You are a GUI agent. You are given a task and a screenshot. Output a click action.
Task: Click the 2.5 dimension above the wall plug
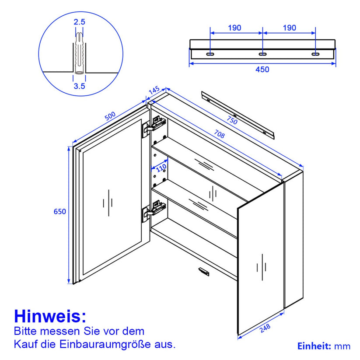[79, 22]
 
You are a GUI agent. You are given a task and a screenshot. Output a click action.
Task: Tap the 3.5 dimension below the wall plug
[79, 86]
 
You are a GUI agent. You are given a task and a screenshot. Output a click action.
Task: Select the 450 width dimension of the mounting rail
[262, 70]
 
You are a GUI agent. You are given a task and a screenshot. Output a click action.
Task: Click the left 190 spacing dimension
[234, 28]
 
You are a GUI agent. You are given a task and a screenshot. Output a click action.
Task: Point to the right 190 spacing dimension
[289, 28]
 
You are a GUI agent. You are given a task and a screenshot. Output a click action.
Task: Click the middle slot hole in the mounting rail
[262, 54]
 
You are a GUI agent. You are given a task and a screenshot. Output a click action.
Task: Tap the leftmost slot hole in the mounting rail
[210, 54]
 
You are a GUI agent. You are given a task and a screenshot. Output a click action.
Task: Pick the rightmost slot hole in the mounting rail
[315, 54]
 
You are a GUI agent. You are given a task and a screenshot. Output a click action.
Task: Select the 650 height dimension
[59, 211]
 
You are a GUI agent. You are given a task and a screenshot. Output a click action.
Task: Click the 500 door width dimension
[110, 116]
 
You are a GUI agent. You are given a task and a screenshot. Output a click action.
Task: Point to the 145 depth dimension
[154, 90]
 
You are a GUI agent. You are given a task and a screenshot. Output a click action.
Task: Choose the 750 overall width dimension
[232, 120]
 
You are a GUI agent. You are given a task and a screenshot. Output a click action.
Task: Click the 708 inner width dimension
[219, 134]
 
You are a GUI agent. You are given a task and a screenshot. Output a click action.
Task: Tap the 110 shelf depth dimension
[161, 168]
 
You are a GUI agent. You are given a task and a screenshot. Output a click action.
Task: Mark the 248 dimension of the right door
[265, 328]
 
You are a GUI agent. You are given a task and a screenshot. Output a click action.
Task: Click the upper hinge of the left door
[154, 126]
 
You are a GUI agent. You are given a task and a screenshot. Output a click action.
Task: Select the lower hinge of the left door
[154, 210]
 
